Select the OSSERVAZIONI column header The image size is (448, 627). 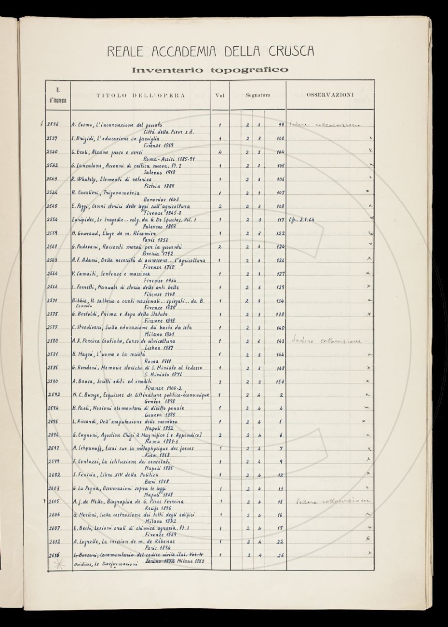(x=330, y=95)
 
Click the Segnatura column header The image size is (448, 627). (x=258, y=95)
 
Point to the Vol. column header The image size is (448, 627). (x=220, y=95)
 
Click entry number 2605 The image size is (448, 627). (x=54, y=502)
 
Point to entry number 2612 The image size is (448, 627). (x=54, y=541)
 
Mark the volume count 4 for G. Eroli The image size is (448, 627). (x=219, y=152)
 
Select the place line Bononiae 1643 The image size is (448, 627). (x=161, y=199)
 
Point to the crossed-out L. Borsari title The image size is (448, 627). (x=140, y=555)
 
